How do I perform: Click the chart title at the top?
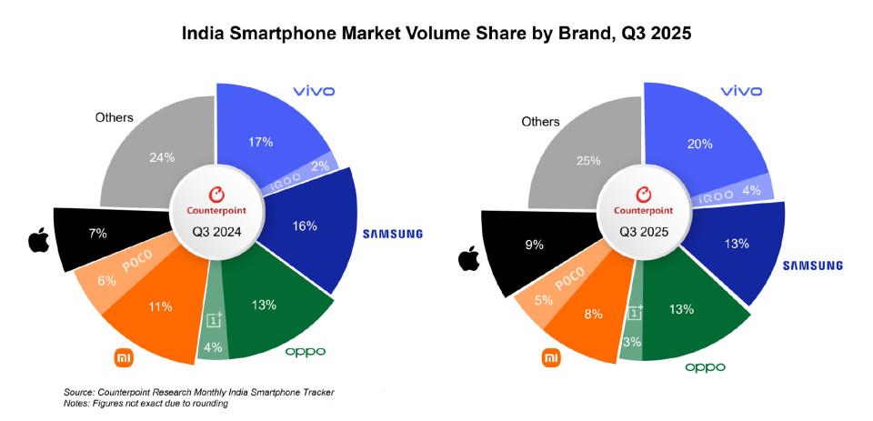436,35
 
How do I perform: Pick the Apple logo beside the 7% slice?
38,241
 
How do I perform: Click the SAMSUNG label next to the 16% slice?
392,234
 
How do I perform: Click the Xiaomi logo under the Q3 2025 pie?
551,358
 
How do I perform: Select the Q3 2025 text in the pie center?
644,232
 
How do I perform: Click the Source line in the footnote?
198,392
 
